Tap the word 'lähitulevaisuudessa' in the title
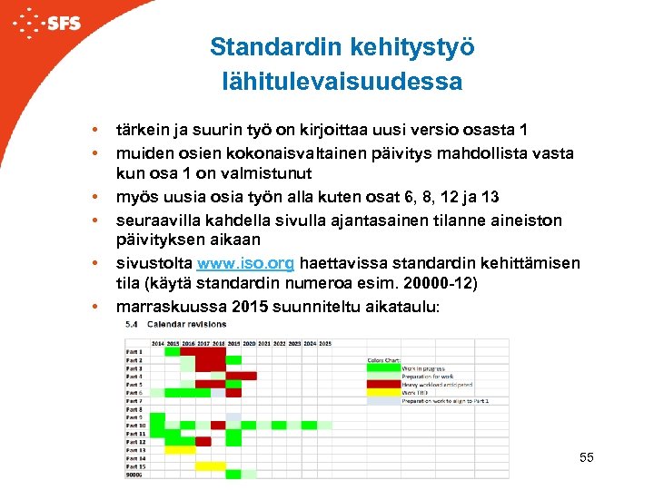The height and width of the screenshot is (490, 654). (342, 82)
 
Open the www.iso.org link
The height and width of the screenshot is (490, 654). (245, 264)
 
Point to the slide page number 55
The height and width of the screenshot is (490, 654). (586, 457)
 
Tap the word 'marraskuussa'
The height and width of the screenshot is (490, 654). (171, 306)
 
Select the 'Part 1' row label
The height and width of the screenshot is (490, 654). (134, 351)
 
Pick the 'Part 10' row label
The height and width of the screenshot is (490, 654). (136, 426)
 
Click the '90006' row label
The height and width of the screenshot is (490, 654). (135, 475)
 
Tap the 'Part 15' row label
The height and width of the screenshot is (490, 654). (136, 466)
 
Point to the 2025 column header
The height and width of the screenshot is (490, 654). (325, 343)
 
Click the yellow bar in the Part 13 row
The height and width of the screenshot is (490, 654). (179, 450)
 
